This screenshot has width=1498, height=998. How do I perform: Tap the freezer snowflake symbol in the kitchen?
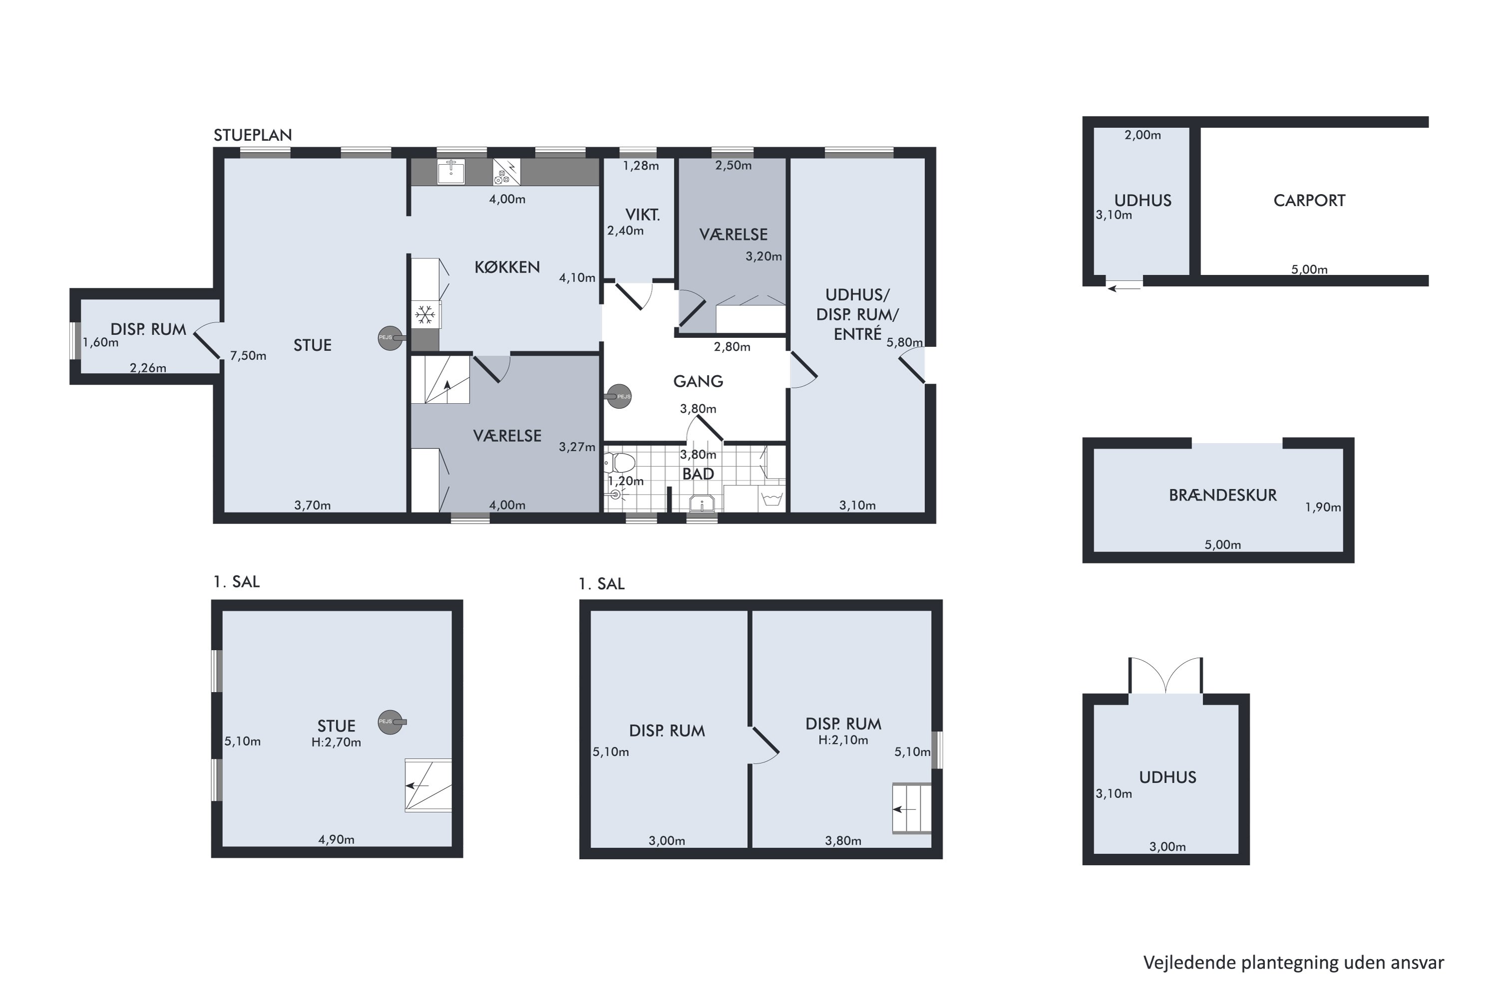pos(424,314)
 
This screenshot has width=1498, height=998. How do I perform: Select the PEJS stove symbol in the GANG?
pos(619,397)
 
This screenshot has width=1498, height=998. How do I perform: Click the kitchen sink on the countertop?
pos(451,171)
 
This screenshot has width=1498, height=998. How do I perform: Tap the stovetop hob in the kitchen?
pos(506,171)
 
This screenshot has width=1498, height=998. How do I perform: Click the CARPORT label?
pos(1309,201)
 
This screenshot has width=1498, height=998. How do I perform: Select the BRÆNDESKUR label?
pos(1222,495)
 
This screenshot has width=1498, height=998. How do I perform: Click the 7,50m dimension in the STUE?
pos(248,356)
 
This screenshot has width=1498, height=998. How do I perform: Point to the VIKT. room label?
pos(642,215)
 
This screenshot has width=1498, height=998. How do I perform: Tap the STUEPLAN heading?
pos(253,135)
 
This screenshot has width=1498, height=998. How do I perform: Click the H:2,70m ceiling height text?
pos(336,742)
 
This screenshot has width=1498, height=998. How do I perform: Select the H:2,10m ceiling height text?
pos(843,740)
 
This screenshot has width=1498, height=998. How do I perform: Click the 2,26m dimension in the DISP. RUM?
pos(148,368)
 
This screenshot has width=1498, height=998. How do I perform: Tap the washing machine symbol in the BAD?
pos(772,499)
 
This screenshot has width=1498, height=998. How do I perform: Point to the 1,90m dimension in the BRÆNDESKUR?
pos(1323,507)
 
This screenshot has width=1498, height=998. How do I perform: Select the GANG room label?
pos(698,381)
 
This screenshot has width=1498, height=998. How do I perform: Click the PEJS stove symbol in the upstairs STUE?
pos(391,722)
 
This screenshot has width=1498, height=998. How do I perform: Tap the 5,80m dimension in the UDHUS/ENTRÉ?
pos(904,342)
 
